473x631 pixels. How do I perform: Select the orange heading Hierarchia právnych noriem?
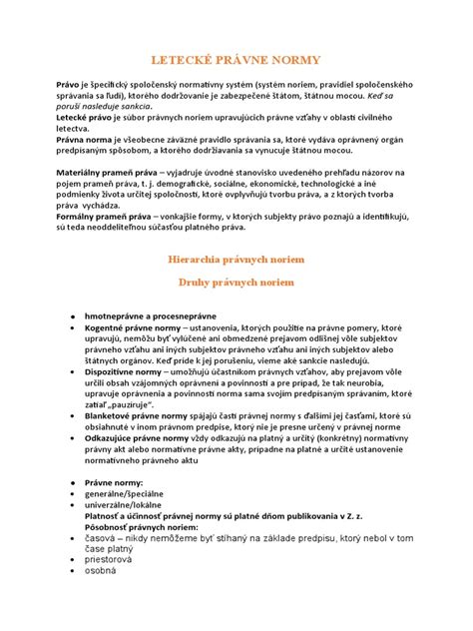click(x=236, y=259)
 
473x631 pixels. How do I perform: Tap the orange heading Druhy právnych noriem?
click(x=236, y=283)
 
